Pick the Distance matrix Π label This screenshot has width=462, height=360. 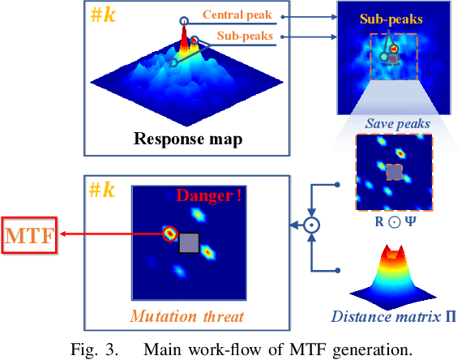[394, 317]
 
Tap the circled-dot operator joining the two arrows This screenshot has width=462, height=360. [312, 226]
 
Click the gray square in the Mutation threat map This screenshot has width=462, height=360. [188, 243]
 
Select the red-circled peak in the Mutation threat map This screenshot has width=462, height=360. [169, 234]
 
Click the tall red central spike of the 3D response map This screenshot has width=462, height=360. [184, 37]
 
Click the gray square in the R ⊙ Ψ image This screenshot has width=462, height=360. [393, 172]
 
